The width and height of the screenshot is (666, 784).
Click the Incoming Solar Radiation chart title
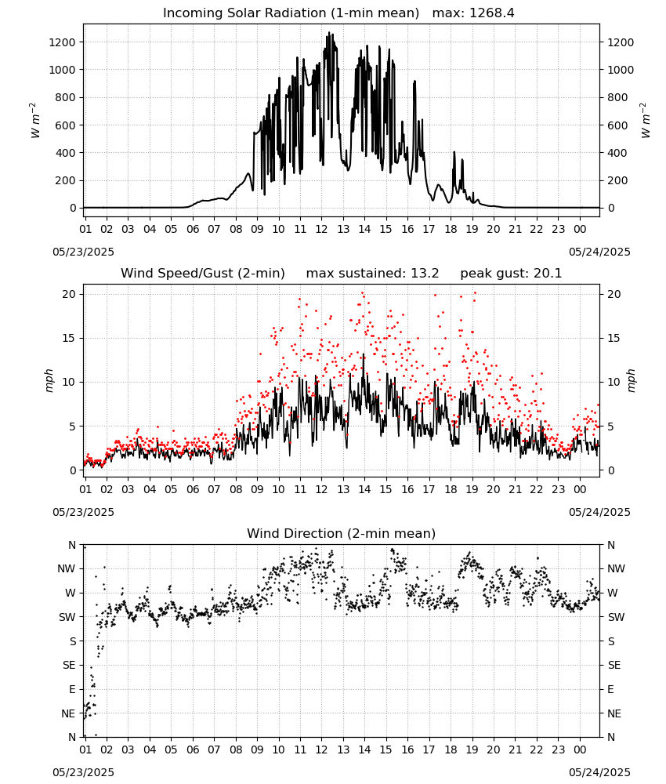[291, 13]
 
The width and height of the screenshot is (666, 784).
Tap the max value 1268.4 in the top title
[492, 13]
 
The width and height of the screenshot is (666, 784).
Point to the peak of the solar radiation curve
[329, 32]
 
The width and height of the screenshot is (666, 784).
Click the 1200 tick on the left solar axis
[62, 42]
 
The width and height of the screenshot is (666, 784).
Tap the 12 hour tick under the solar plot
[321, 229]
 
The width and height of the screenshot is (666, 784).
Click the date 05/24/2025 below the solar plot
[599, 252]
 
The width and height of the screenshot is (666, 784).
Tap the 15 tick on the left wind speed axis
[69, 339]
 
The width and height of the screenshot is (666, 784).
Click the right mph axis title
[631, 380]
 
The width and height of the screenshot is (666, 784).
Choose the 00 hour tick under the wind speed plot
[580, 489]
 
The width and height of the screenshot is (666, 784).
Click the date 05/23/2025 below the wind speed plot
[83, 513]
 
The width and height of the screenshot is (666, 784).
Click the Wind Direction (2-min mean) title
[342, 533]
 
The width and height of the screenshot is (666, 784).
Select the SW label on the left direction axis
[67, 618]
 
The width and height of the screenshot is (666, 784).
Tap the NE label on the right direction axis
[614, 714]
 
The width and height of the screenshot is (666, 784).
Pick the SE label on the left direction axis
[69, 666]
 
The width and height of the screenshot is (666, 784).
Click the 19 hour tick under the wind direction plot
[472, 750]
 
